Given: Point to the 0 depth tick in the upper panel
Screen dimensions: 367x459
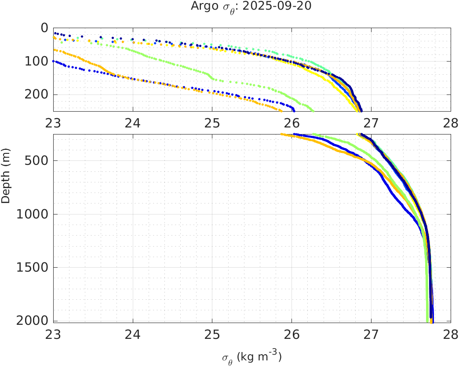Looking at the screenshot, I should click(x=44, y=28).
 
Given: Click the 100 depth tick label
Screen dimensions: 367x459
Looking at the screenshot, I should click(x=37, y=61).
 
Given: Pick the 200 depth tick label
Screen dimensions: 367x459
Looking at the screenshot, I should click(x=37, y=94).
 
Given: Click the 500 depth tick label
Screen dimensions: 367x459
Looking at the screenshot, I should click(x=37, y=160).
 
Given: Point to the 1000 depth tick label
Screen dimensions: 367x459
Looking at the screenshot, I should click(x=33, y=214).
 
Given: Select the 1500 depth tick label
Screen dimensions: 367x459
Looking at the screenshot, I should click(x=33, y=268).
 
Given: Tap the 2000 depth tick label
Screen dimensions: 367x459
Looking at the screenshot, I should click(x=33, y=321).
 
